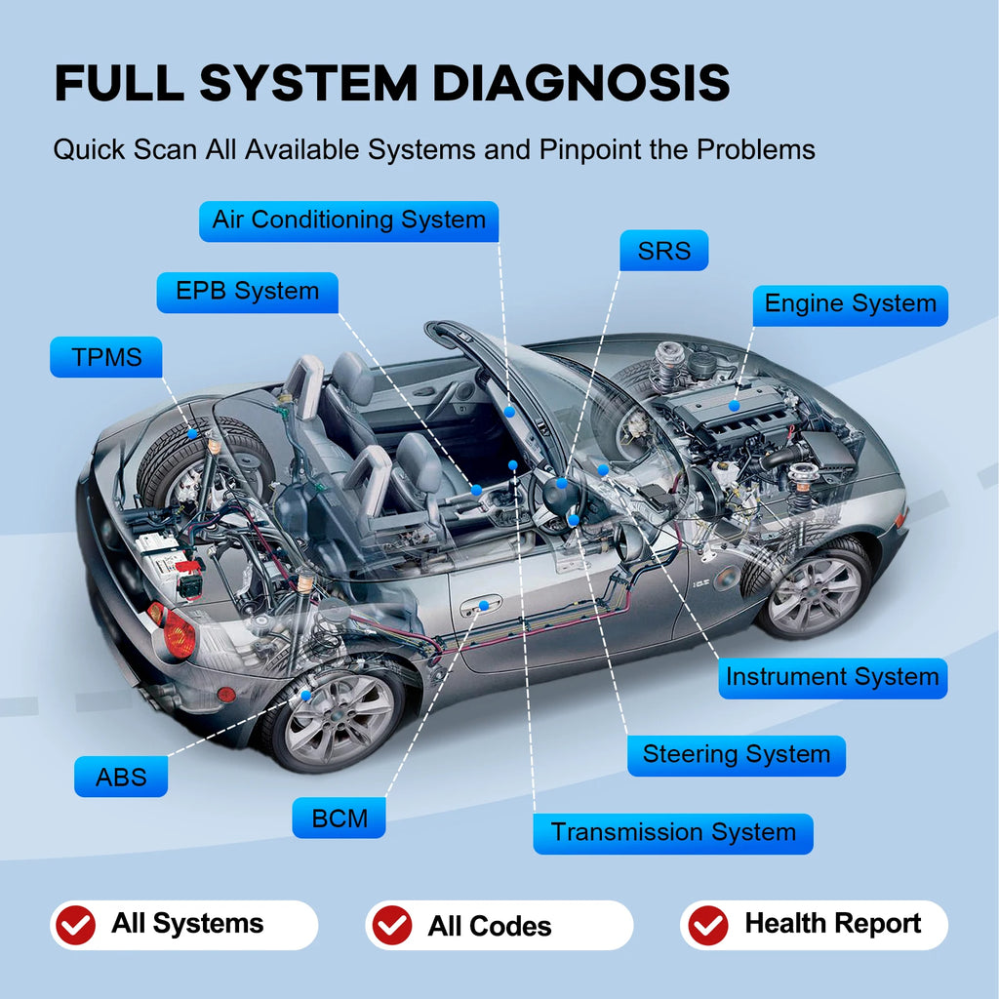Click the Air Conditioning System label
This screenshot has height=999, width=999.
tap(348, 220)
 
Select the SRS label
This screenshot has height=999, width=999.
tap(663, 251)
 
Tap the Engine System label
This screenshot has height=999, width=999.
tap(850, 304)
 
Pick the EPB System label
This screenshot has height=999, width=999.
tap(247, 292)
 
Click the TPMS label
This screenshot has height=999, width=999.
tap(106, 357)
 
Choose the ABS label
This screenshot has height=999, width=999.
tap(121, 778)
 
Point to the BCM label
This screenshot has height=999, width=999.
tap(339, 818)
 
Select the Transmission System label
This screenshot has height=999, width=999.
tap(673, 833)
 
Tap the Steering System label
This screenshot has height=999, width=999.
tap(736, 755)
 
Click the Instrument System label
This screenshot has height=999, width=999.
tap(832, 677)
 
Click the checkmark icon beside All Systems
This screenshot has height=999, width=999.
tap(75, 924)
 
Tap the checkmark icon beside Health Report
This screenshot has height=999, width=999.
tap(707, 925)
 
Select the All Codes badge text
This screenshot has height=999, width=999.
tap(489, 926)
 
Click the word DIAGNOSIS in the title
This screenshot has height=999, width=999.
tap(580, 84)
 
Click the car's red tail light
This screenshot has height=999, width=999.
tap(178, 633)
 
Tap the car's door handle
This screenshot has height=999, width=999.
tap(481, 608)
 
